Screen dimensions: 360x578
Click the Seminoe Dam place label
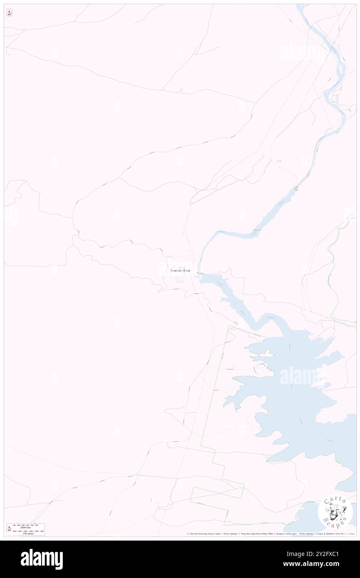[x=180, y=271]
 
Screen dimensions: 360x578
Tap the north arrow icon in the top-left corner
[x=9, y=13]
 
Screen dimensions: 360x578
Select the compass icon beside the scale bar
[x=9, y=529]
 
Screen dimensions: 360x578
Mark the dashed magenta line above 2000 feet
[x=28, y=525]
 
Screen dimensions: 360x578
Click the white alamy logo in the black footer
[x=42, y=559]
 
